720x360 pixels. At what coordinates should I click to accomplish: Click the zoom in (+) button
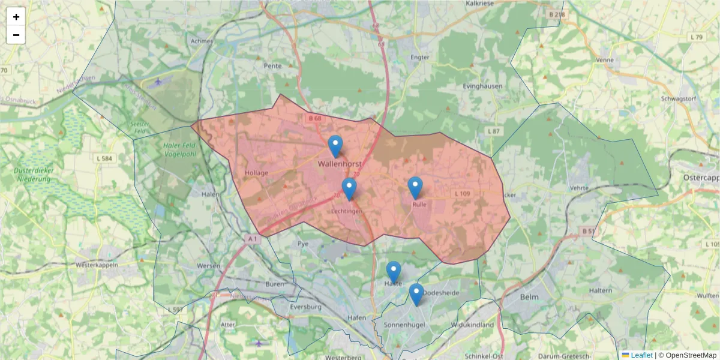click(16, 17)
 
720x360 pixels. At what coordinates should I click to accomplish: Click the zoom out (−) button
click(16, 35)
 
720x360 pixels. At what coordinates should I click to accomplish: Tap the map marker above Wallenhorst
click(335, 145)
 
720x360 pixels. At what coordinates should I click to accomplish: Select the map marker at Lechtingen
click(349, 188)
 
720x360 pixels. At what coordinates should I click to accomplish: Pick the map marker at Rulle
click(415, 187)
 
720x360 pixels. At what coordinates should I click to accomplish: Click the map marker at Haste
click(394, 271)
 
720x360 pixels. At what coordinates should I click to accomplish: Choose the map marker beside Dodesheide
click(416, 293)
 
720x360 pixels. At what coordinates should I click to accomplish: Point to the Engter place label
click(419, 58)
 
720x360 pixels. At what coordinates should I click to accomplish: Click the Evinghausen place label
click(483, 86)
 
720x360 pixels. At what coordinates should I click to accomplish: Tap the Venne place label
click(605, 61)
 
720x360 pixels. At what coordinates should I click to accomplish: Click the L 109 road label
click(463, 194)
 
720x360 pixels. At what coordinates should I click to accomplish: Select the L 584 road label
click(104, 158)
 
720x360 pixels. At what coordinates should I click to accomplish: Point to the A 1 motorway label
click(253, 239)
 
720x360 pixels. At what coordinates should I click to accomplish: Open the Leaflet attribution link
click(641, 355)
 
